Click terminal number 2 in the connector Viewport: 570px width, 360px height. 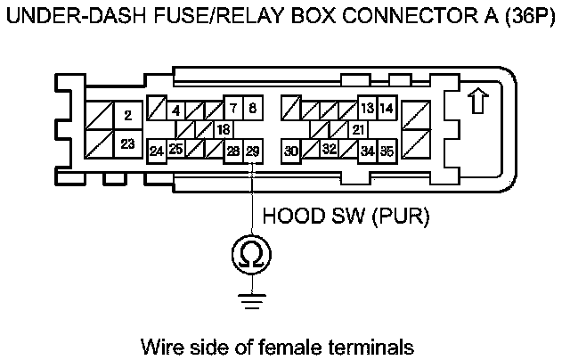point(128,115)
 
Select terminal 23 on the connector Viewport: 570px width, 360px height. point(128,144)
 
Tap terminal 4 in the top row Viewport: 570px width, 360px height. point(176,110)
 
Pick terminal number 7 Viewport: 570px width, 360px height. point(233,108)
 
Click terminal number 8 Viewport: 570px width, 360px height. point(253,108)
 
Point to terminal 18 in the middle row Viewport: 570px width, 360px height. point(224,129)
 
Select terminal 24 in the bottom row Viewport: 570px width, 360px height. point(157,151)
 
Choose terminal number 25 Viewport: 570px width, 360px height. point(176,148)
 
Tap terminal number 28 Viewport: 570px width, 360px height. point(233,151)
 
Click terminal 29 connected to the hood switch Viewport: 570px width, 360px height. point(253,151)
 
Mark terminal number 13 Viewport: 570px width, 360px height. point(368,108)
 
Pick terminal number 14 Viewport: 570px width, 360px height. point(387,108)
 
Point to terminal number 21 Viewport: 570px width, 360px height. point(358,129)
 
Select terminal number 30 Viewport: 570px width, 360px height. point(291,151)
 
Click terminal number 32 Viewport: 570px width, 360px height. point(329,148)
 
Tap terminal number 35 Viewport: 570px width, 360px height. point(387,151)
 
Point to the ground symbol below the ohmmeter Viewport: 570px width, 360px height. point(251,301)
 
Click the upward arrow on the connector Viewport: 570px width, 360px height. point(477,101)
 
